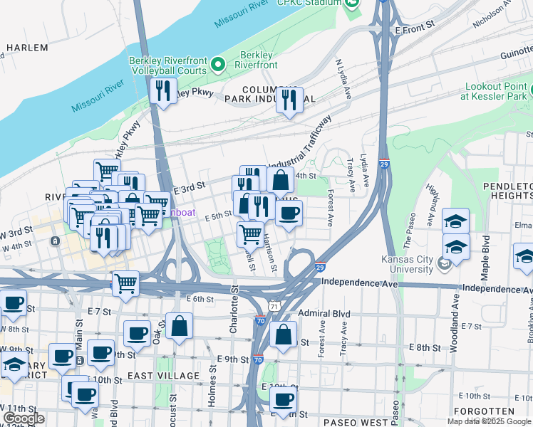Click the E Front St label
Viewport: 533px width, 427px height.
point(415,26)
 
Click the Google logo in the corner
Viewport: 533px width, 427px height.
point(24,418)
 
